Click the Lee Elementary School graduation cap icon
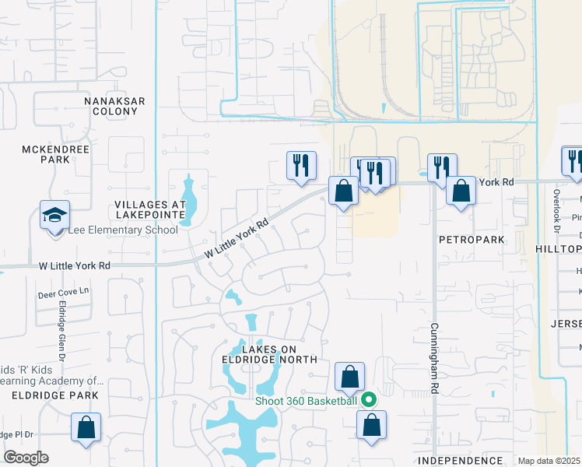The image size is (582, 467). point(55,215)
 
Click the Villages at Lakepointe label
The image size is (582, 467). point(151,209)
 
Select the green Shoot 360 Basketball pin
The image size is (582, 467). point(370,400)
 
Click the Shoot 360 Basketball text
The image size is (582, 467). point(307,401)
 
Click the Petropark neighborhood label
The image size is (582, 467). point(472,239)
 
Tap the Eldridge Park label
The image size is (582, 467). point(55,395)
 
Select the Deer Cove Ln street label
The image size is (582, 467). point(65,295)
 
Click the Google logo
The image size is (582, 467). point(26,458)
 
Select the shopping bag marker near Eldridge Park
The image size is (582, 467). point(86,427)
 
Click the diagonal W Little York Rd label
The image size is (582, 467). point(237,241)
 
